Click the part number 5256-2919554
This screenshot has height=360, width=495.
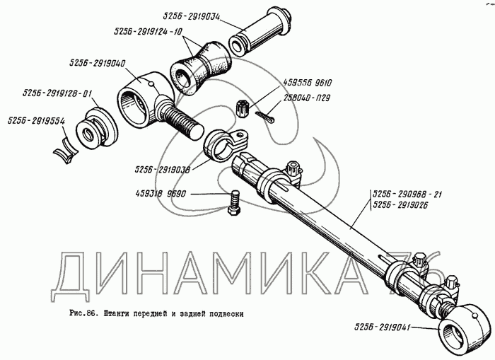pos(34,122)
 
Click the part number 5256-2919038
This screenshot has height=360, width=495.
pos(162,170)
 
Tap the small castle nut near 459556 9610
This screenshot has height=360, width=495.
pos(240,110)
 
